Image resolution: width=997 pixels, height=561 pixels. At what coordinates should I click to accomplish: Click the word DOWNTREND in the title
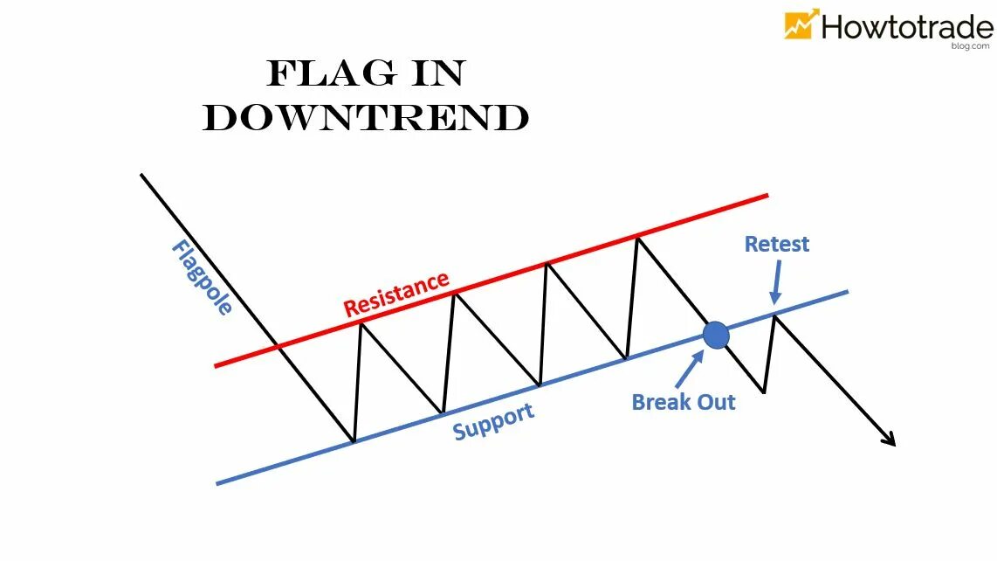366,118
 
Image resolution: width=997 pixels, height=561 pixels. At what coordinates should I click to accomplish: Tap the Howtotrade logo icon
801,24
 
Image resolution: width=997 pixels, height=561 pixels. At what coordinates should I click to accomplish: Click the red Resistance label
396,294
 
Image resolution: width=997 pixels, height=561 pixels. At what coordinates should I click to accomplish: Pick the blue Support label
493,421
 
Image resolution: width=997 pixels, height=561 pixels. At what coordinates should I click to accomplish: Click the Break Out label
684,402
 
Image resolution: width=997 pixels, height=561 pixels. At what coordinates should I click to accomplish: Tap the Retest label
777,244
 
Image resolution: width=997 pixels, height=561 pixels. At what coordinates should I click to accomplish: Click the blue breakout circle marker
716,335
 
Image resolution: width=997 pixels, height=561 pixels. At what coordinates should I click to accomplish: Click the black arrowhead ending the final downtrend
890,440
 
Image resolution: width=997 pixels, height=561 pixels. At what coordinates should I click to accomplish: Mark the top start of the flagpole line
142,175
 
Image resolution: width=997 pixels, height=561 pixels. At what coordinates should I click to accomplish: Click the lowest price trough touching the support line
353,441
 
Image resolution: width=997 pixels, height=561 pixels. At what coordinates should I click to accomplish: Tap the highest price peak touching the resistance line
639,237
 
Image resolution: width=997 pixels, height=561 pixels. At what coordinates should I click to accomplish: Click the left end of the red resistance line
217,365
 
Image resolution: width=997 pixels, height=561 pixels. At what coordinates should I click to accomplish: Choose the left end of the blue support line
218,482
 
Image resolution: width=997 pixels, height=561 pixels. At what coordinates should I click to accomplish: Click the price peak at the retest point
774,315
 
